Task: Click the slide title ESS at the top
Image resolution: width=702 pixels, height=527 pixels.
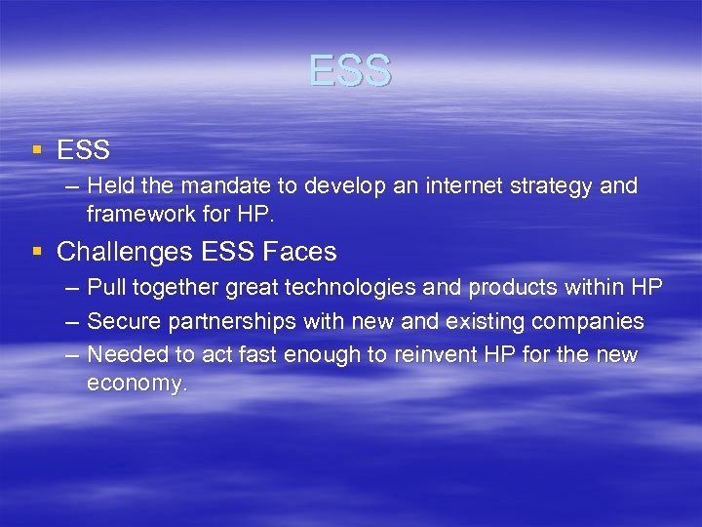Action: point(350,71)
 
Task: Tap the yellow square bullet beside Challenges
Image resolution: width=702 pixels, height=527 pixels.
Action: point(36,252)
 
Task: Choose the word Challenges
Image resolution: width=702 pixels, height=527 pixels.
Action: point(124,252)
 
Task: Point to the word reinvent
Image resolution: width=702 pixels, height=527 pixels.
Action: point(438,354)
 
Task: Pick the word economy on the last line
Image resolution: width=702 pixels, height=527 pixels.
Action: point(134,383)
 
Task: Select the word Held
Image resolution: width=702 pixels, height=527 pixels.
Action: point(109,186)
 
